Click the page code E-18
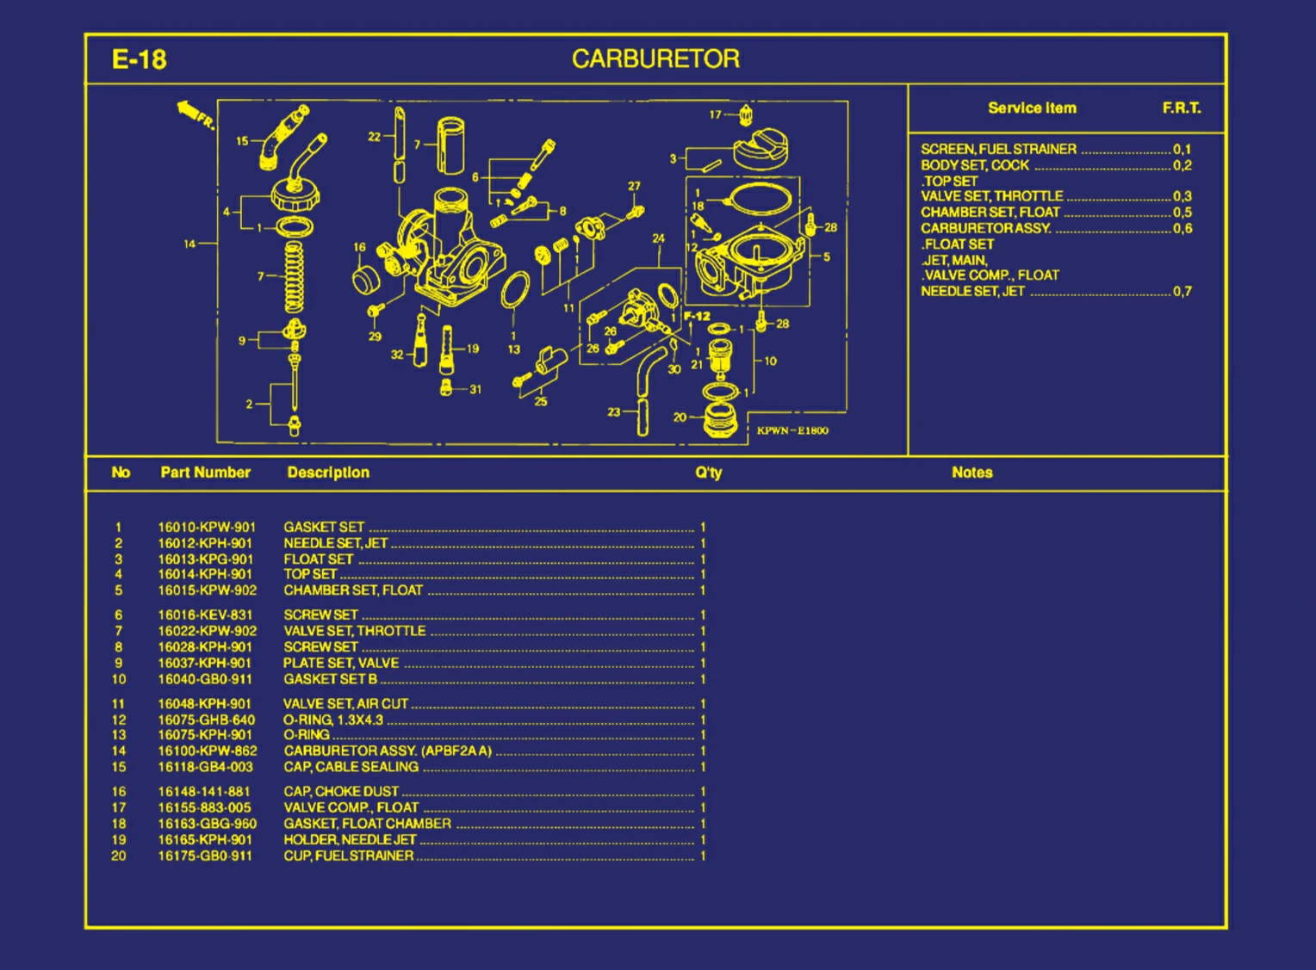click(x=139, y=59)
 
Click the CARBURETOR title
click(x=655, y=59)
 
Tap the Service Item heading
click(x=1032, y=108)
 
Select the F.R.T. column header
click(x=1181, y=108)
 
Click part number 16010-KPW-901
click(x=207, y=528)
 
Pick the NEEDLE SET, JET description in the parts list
click(x=336, y=543)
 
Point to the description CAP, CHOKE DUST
click(x=341, y=791)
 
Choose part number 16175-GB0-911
click(x=205, y=856)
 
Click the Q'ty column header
click(x=709, y=473)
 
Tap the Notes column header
click(x=971, y=473)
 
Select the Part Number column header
click(x=205, y=473)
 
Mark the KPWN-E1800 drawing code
click(x=792, y=430)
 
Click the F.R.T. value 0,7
click(x=1183, y=292)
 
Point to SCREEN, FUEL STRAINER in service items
click(x=998, y=149)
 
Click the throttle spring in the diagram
click(x=295, y=277)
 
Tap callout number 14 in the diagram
click(x=189, y=244)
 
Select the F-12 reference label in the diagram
click(x=697, y=316)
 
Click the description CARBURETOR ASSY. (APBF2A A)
click(x=388, y=751)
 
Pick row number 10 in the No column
click(x=119, y=679)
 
